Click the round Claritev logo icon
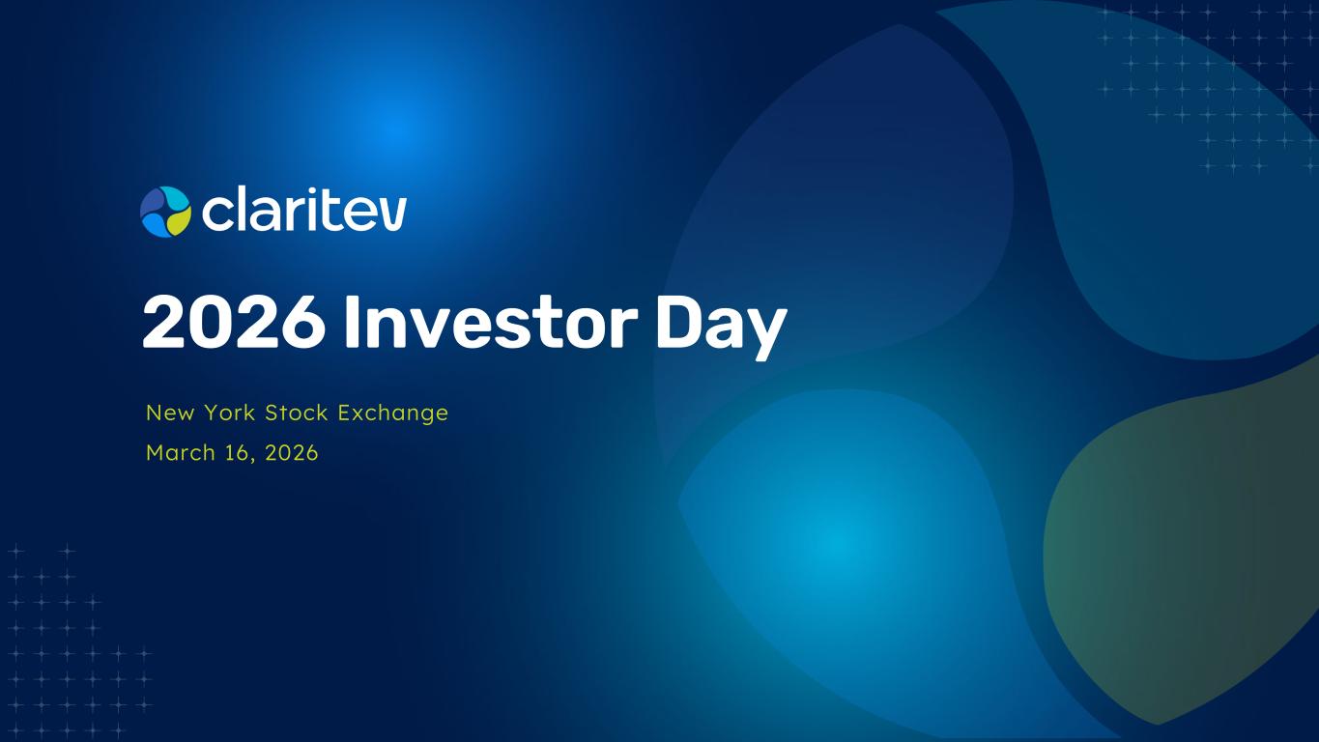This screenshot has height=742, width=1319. pyautogui.click(x=165, y=212)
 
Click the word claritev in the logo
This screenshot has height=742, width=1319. pyautogui.click(x=303, y=209)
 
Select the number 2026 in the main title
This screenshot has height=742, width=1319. pyautogui.click(x=234, y=323)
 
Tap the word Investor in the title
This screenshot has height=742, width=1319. pyautogui.click(x=491, y=323)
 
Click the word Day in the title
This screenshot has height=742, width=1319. pyautogui.click(x=721, y=327)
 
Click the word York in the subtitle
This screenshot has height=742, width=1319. pyautogui.click(x=230, y=413)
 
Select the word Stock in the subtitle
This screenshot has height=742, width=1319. pyautogui.click(x=297, y=413)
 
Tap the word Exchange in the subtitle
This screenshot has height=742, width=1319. pyautogui.click(x=392, y=414)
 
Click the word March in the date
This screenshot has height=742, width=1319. pyautogui.click(x=181, y=453)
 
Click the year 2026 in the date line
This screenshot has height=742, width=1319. pyautogui.click(x=292, y=453)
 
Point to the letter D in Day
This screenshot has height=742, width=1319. pyautogui.click(x=678, y=323)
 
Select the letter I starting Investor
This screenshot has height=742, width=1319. pyautogui.click(x=352, y=323)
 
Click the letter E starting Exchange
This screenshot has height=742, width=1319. pyautogui.click(x=344, y=413)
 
